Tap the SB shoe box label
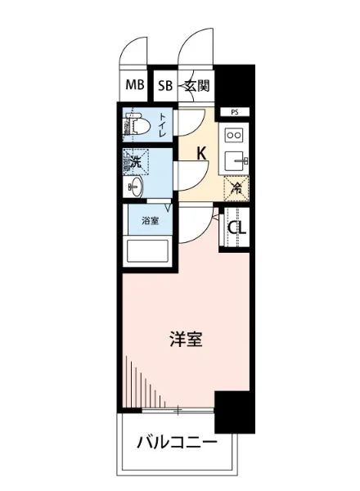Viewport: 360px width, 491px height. point(164,84)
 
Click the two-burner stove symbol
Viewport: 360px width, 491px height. point(234,134)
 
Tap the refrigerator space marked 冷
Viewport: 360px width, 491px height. point(235,187)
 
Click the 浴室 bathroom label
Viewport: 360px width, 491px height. point(149,220)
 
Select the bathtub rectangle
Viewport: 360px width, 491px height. point(148,252)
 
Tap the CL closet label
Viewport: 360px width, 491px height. point(236,228)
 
